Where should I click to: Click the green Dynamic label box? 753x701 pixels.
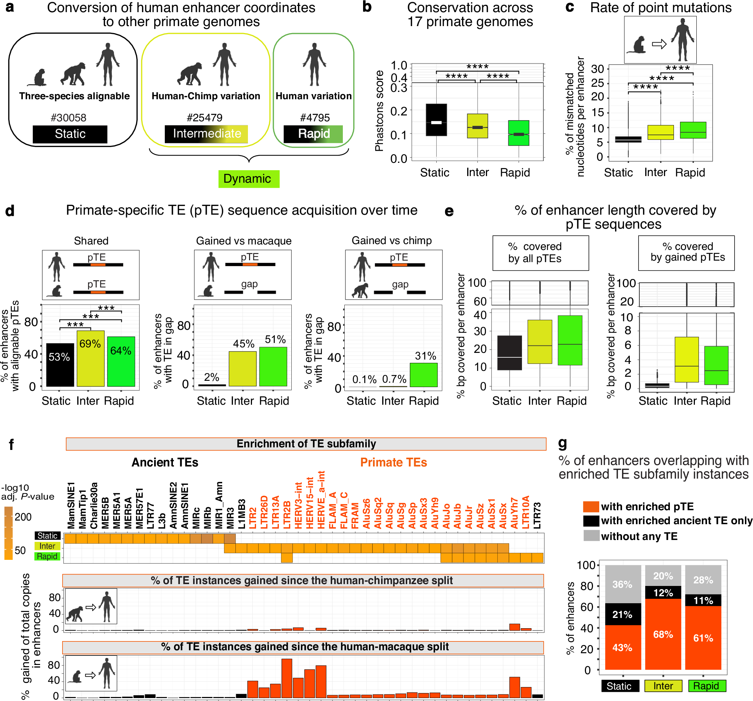(x=248, y=179)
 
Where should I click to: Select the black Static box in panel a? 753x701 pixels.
(x=70, y=134)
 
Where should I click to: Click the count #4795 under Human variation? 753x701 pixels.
(x=315, y=118)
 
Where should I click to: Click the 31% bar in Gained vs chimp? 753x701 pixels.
(x=423, y=375)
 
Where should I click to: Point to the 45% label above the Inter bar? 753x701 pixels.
(x=243, y=344)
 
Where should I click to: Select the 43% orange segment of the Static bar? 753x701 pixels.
(x=622, y=647)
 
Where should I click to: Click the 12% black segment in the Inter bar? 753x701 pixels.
(x=663, y=592)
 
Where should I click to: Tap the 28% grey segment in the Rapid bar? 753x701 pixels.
(x=703, y=579)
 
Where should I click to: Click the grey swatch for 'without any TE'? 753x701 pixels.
(x=591, y=536)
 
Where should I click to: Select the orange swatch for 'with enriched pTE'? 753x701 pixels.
(x=591, y=506)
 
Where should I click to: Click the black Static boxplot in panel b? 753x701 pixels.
(x=436, y=119)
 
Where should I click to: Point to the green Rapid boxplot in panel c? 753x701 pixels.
(x=693, y=130)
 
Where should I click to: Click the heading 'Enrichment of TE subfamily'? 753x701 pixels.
(x=306, y=444)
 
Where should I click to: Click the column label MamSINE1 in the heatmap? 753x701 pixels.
(x=71, y=505)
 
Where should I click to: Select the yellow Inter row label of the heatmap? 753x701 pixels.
(x=47, y=546)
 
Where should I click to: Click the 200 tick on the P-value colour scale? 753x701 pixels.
(x=23, y=517)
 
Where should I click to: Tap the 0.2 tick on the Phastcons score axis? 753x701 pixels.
(x=398, y=111)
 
